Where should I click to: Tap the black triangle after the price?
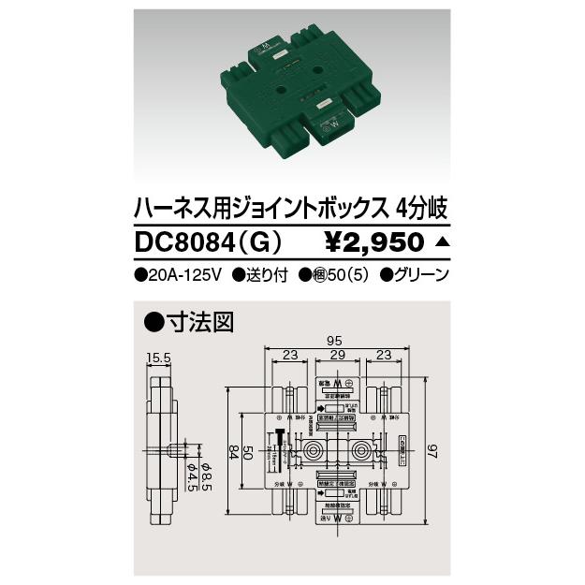click(x=443, y=242)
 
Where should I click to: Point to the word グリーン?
click(x=417, y=275)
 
